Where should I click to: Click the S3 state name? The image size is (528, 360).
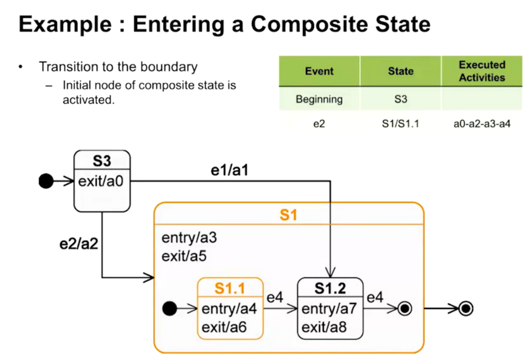(x=102, y=161)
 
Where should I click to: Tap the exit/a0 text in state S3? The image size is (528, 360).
(x=101, y=181)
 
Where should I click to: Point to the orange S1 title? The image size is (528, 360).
(x=289, y=215)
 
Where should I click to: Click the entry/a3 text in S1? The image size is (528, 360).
(x=189, y=238)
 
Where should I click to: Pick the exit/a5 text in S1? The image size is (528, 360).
(x=184, y=256)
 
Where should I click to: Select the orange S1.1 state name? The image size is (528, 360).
(x=230, y=288)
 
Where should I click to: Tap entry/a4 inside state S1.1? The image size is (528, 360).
(x=229, y=309)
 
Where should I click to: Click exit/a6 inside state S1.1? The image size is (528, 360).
(x=224, y=327)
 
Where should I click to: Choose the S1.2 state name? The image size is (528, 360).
(x=330, y=288)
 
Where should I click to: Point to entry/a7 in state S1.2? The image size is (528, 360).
(x=329, y=309)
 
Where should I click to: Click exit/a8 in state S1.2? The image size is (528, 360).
(x=324, y=327)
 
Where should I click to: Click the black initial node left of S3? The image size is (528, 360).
(x=46, y=182)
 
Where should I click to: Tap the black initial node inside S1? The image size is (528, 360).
(x=170, y=309)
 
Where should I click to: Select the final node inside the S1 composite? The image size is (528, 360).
(x=405, y=309)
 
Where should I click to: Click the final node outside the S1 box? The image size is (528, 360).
(x=465, y=309)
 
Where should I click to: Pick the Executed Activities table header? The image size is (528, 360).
(x=482, y=71)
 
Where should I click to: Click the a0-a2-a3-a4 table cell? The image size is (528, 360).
(x=482, y=124)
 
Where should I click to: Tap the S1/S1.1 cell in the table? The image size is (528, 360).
(x=400, y=124)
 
